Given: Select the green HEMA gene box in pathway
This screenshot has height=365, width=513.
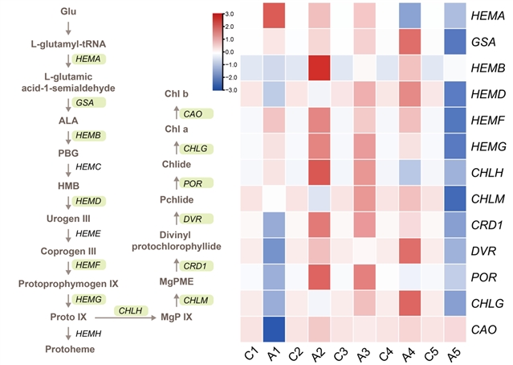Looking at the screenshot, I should tap(88, 59).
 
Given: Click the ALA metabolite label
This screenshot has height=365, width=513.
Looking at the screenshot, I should tap(69, 119).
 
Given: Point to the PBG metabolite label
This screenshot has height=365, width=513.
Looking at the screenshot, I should tap(69, 151).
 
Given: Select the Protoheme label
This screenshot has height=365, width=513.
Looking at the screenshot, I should tap(69, 349).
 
